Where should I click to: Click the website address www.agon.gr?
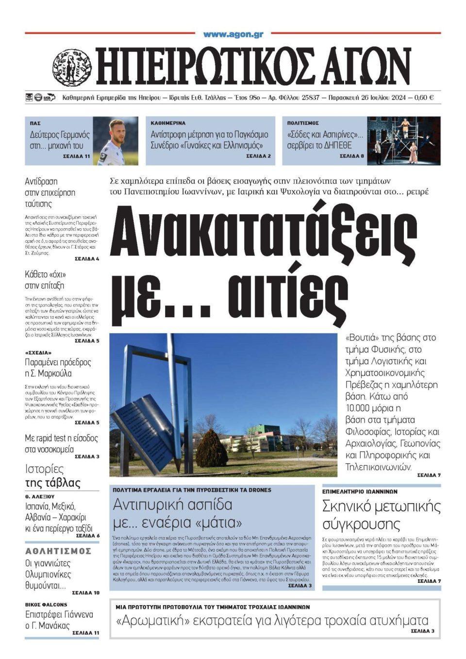point(233,34)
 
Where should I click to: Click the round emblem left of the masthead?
point(72,66)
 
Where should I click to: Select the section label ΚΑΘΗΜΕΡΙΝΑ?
point(168,123)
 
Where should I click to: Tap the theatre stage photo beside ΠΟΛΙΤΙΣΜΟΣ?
point(403,140)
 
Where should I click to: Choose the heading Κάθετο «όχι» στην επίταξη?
point(45,280)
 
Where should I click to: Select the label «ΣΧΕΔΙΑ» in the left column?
point(38,352)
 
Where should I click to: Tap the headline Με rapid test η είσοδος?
point(61,438)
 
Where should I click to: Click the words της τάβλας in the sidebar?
point(52,483)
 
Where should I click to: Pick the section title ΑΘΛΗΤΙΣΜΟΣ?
point(58,551)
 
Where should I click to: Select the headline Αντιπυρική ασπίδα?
point(173,505)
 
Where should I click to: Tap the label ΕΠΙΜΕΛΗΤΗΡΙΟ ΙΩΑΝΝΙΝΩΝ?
point(360,491)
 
